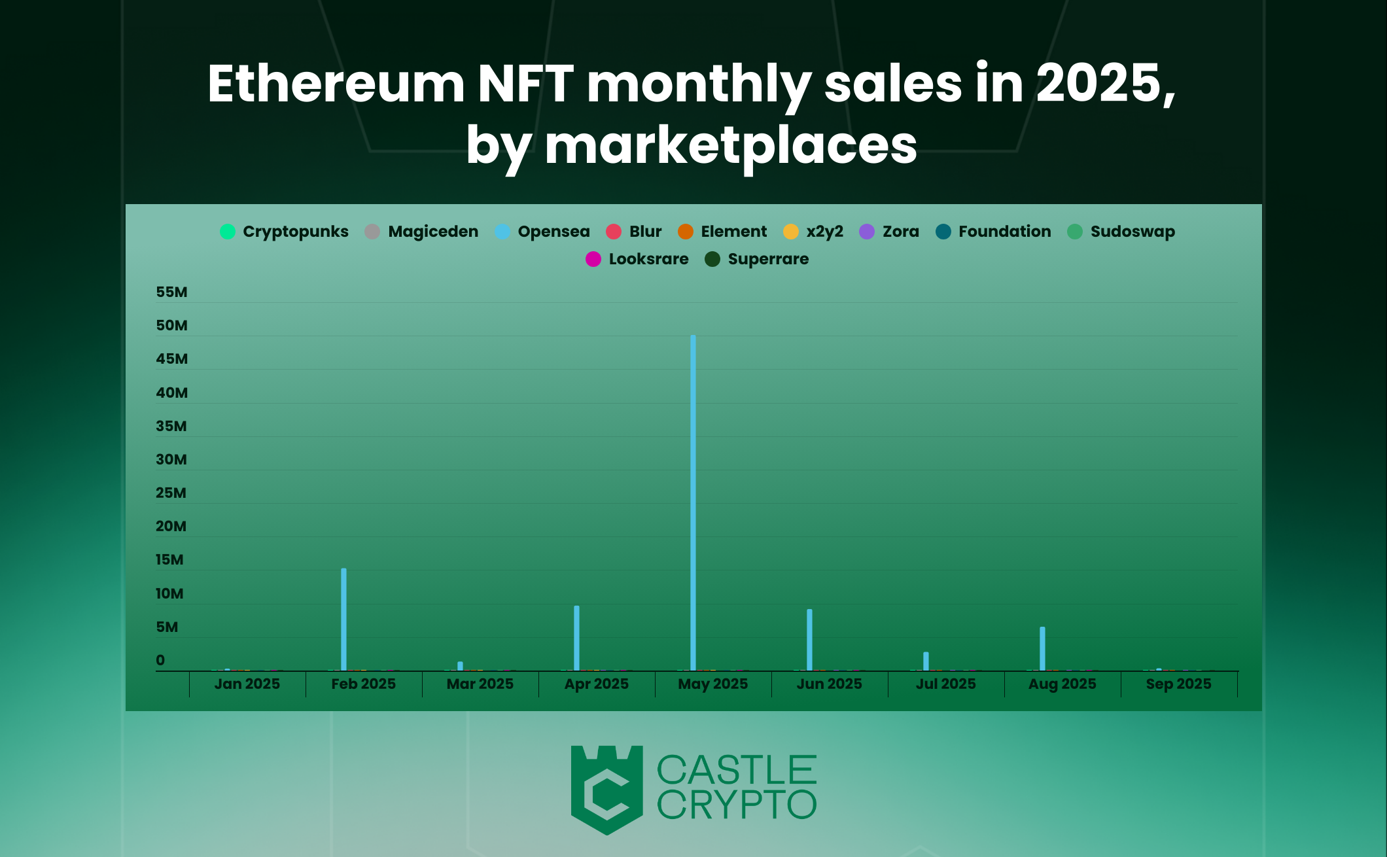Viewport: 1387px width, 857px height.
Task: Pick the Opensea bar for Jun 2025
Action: (809, 640)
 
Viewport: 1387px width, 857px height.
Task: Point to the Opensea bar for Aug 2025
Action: (1042, 648)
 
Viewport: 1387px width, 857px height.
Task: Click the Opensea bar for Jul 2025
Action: (926, 661)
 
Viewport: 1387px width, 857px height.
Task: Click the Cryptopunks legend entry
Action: (284, 232)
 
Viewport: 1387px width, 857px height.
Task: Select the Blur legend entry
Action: (633, 232)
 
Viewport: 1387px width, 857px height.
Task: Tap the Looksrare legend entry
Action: (637, 259)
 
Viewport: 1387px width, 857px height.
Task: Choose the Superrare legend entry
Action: (756, 259)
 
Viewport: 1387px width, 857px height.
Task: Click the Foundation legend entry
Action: (993, 232)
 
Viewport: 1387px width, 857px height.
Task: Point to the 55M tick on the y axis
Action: (171, 292)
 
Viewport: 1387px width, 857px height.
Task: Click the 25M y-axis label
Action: (171, 493)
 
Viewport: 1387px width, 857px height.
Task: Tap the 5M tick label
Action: (167, 627)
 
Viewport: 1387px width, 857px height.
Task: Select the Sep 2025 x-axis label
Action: (1178, 684)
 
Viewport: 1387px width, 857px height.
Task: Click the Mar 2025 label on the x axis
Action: (480, 684)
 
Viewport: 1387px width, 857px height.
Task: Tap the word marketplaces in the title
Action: (730, 145)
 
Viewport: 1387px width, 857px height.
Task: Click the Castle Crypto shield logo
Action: (606, 789)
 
